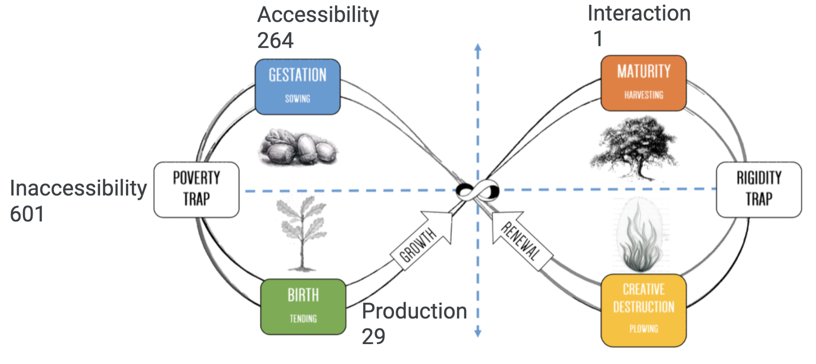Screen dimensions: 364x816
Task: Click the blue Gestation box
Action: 298,87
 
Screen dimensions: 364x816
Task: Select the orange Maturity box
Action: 643,83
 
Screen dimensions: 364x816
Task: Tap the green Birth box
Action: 303,307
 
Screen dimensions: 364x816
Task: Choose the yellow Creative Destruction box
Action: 643,310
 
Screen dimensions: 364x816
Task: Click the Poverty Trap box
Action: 196,189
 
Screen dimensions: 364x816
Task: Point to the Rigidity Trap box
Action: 759,189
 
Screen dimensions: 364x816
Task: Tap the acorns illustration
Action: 298,147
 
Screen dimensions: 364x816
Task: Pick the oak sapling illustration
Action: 302,233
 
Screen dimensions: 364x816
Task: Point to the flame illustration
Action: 640,237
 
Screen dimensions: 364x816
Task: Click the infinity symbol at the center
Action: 478,190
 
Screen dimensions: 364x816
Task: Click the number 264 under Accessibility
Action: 275,41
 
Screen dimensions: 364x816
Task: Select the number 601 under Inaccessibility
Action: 27,214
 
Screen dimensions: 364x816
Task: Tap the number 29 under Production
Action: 373,337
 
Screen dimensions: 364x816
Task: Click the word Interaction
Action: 639,14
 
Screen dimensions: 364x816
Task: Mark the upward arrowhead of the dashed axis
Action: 478,47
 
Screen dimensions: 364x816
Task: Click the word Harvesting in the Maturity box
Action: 643,95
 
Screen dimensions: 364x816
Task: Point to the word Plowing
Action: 643,329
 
